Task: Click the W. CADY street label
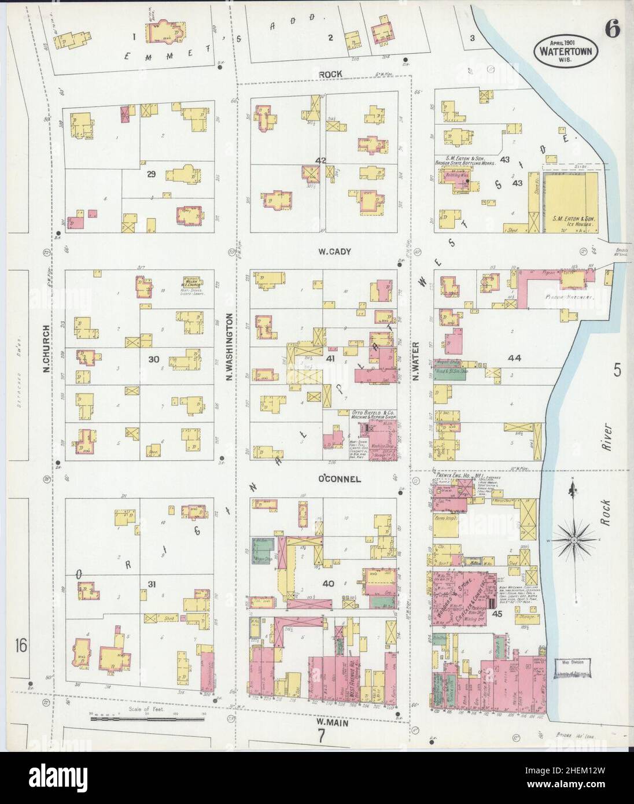click(x=331, y=252)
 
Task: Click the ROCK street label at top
click(x=331, y=74)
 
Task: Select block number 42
click(x=321, y=160)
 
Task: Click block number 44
click(x=514, y=359)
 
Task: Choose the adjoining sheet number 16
click(x=21, y=645)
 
